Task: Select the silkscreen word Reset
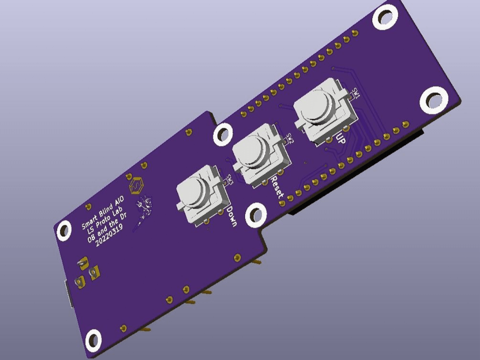pyautogui.click(x=277, y=187)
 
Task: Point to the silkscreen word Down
pyautogui.click(x=232, y=216)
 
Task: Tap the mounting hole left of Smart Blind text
pyautogui.click(x=64, y=231)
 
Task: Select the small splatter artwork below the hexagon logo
pyautogui.click(x=143, y=208)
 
